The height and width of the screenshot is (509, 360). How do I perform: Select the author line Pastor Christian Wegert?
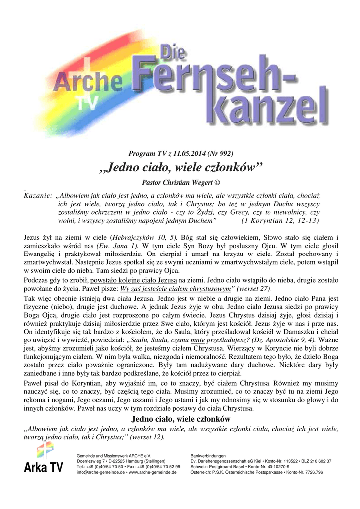pyautogui.click(x=177, y=182)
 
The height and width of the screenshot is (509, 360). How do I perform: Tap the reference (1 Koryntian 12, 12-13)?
pyautogui.click(x=280, y=219)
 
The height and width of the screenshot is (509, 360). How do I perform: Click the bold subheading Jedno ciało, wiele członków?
pyautogui.click(x=180, y=419)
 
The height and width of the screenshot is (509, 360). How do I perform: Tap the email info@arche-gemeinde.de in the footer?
pyautogui.click(x=101, y=472)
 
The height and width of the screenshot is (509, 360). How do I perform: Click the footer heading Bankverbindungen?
pyautogui.click(x=208, y=456)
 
